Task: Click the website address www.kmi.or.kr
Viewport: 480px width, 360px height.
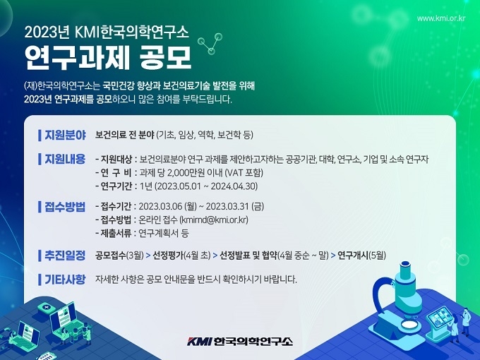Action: pos(441,18)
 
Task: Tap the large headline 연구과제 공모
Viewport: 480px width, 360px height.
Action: pos(108,57)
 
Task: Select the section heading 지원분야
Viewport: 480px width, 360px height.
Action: pos(65,135)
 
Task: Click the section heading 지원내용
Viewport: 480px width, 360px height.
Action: pos(65,159)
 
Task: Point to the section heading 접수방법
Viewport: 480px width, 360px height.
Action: pos(65,207)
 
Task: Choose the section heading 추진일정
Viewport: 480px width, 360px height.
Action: pos(65,256)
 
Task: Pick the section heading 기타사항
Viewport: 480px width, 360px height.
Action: pos(65,280)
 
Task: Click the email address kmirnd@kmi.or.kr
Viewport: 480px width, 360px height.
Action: pos(214,220)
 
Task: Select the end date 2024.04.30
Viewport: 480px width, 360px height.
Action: pos(234,186)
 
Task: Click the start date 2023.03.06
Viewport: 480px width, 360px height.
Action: pos(160,207)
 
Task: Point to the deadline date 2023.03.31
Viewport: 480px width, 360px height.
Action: pos(227,207)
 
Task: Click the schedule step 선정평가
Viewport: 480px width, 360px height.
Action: pos(168,256)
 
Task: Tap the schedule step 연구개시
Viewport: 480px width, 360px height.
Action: pos(353,256)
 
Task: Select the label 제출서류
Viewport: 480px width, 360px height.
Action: pos(116,233)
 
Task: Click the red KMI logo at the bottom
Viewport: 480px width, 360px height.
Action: pos(200,341)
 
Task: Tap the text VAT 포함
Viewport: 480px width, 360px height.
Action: pos(244,173)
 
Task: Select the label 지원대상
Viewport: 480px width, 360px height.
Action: pos(116,160)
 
